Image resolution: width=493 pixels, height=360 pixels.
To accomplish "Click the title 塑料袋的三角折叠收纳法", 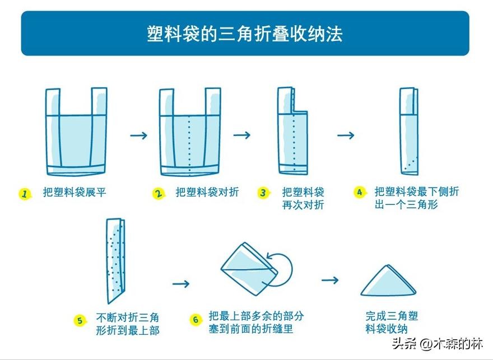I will [245, 34].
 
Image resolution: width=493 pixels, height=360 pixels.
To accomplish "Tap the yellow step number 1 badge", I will [24, 194].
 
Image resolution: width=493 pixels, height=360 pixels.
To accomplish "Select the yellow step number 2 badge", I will [159, 193].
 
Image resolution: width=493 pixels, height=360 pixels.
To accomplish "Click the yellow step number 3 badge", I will [263, 193].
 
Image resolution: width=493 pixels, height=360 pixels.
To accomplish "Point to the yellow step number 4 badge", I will [359, 192].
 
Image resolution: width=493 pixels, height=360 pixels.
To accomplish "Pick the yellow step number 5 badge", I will [80, 320].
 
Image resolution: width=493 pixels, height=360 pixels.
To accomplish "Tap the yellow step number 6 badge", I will [195, 320].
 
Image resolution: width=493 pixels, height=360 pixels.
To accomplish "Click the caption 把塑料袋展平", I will [75, 193].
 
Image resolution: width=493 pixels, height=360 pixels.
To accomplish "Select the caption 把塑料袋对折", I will [207, 193].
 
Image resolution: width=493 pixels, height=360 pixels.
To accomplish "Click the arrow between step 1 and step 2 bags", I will [138, 135].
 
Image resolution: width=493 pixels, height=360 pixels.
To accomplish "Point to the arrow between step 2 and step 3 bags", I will [242, 135].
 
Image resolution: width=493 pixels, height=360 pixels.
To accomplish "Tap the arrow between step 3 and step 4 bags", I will [346, 135].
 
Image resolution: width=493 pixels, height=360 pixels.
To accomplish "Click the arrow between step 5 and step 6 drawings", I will [181, 284].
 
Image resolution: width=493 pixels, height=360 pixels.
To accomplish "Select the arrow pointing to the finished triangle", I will [330, 279].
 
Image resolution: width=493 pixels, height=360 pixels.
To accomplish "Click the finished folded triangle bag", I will [388, 283].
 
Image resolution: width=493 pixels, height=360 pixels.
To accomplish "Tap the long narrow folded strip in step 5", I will [114, 260].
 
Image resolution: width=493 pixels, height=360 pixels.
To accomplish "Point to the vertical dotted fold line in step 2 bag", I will [190, 143].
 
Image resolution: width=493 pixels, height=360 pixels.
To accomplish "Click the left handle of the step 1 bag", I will [52, 102].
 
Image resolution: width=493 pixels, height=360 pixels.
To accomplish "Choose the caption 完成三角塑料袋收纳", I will [392, 322].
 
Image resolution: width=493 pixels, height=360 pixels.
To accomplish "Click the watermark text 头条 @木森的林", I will [437, 343].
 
